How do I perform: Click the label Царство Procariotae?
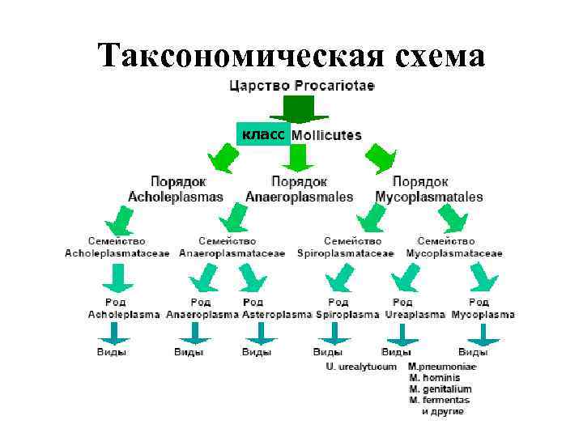click(x=302, y=86)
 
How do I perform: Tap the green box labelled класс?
click(x=262, y=135)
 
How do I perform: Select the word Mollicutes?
click(x=326, y=135)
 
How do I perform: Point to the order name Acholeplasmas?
click(x=176, y=197)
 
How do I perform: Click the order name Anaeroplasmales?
click(x=299, y=197)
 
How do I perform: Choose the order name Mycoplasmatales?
click(x=429, y=197)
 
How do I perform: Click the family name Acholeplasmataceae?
click(x=117, y=253)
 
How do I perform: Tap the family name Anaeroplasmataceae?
click(x=232, y=253)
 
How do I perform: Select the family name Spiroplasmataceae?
click(x=345, y=253)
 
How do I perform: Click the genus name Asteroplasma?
click(x=277, y=314)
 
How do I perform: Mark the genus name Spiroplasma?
click(x=347, y=314)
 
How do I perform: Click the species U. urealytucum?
click(x=361, y=367)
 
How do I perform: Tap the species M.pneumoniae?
click(x=442, y=367)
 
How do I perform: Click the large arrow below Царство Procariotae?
click(x=299, y=110)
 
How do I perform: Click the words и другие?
click(x=442, y=412)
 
